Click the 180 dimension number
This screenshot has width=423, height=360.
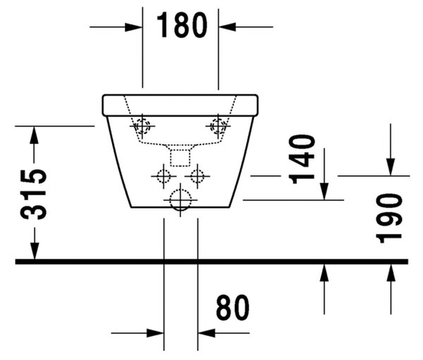[182, 25]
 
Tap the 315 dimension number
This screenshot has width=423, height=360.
[33, 194]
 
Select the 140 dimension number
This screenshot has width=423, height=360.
[302, 160]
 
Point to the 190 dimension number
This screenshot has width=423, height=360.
[388, 218]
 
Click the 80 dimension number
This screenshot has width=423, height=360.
[233, 307]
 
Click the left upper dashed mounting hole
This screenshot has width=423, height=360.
[142, 126]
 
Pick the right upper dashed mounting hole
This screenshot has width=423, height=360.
[218, 125]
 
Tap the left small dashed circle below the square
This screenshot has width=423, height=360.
[164, 176]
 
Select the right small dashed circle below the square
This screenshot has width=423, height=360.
[197, 176]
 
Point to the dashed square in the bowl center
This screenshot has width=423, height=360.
[180, 158]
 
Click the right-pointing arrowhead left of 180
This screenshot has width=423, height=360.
[133, 27]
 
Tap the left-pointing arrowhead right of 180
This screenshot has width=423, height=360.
[227, 27]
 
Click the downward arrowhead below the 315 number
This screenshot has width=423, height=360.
[35, 251]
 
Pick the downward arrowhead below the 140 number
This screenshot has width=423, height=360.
[324, 192]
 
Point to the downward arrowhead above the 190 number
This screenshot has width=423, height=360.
[391, 167]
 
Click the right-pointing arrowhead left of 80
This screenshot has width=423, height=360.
[155, 333]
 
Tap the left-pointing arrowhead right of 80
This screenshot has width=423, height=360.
[207, 333]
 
